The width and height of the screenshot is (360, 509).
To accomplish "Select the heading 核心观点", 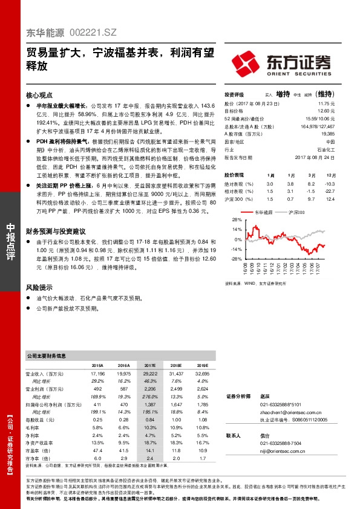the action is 40,96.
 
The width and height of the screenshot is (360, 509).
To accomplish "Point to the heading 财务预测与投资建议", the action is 55,232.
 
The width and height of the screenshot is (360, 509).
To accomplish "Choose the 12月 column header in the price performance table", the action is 329,174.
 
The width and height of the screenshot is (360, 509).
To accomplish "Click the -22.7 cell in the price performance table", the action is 329,190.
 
